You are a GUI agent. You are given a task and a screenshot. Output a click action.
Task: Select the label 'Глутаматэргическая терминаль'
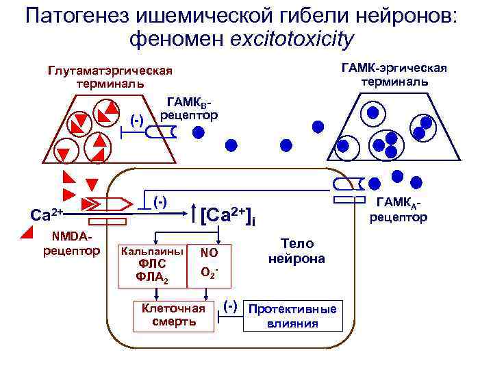coord(110,77)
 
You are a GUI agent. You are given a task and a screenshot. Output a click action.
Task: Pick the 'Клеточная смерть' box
coord(173,314)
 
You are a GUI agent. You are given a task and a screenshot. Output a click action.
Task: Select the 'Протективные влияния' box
coord(292,316)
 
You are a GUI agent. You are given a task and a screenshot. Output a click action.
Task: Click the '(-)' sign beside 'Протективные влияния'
coord(231,305)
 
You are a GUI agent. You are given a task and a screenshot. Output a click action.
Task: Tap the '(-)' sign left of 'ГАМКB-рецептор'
coord(137,121)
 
